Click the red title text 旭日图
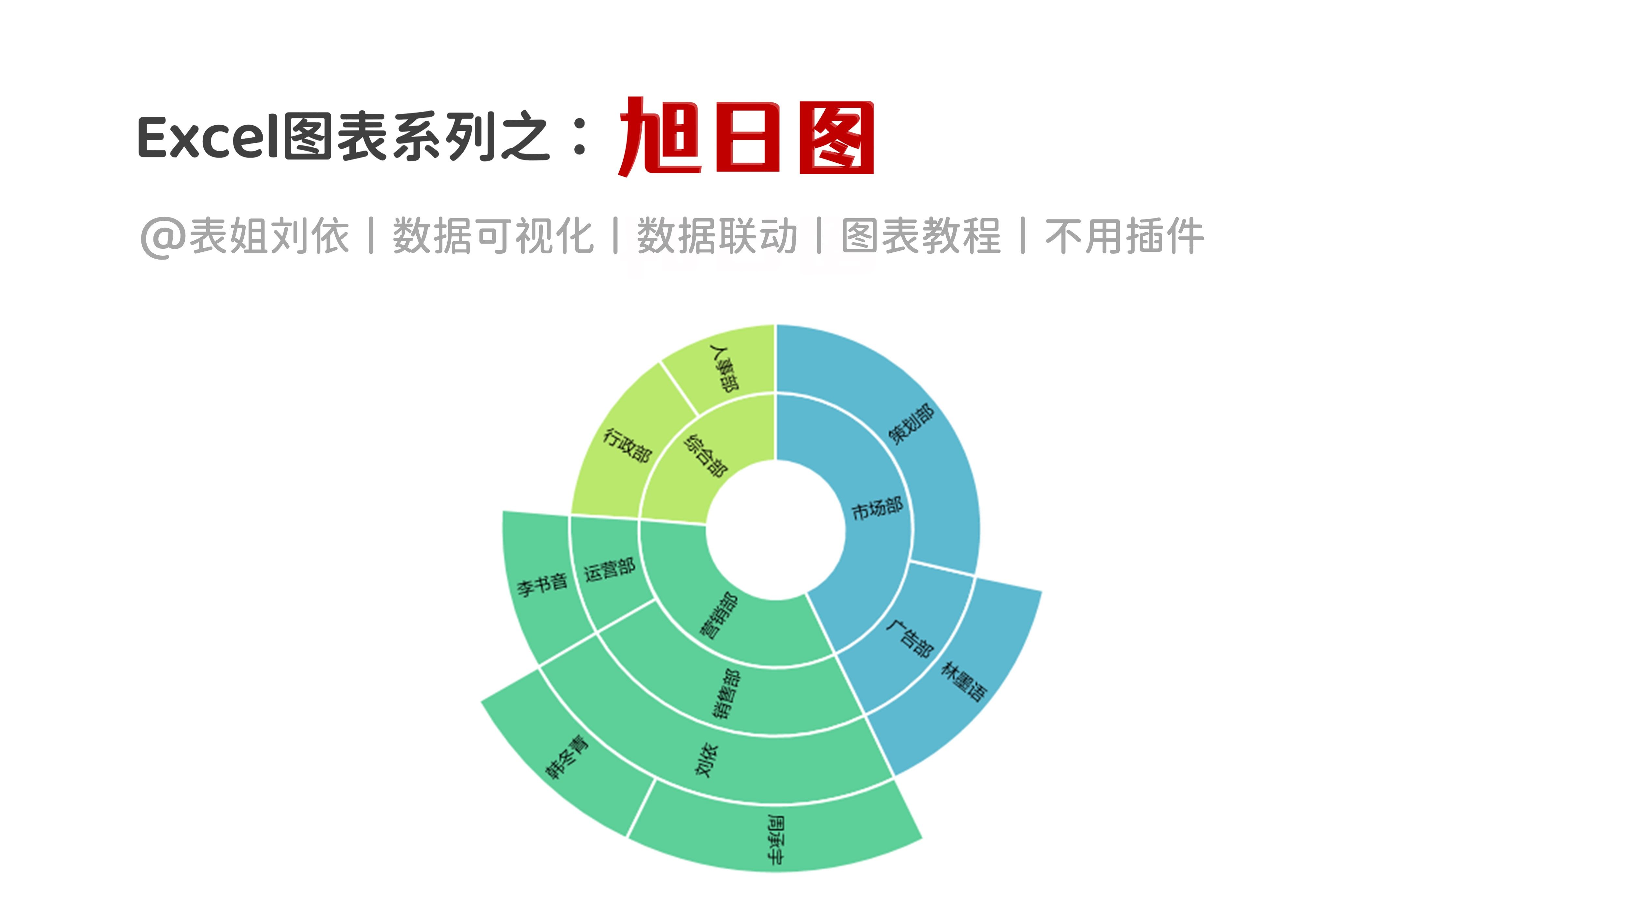pyautogui.click(x=746, y=137)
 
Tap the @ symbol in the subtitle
pyautogui.click(x=163, y=237)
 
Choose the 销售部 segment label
pyautogui.click(x=726, y=694)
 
